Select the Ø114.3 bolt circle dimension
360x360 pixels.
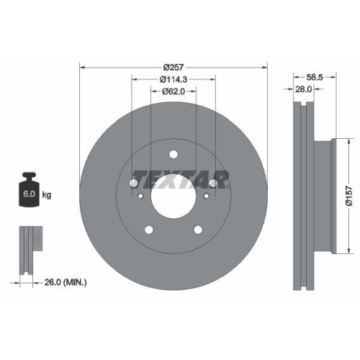click(x=174, y=78)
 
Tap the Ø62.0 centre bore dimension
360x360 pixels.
click(x=174, y=91)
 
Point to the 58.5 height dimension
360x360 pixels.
click(x=313, y=74)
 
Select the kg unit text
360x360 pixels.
click(x=48, y=194)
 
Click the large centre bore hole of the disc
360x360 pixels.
click(x=174, y=193)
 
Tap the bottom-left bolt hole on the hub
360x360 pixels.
click(x=148, y=230)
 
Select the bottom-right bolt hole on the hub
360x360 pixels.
click(x=199, y=230)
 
